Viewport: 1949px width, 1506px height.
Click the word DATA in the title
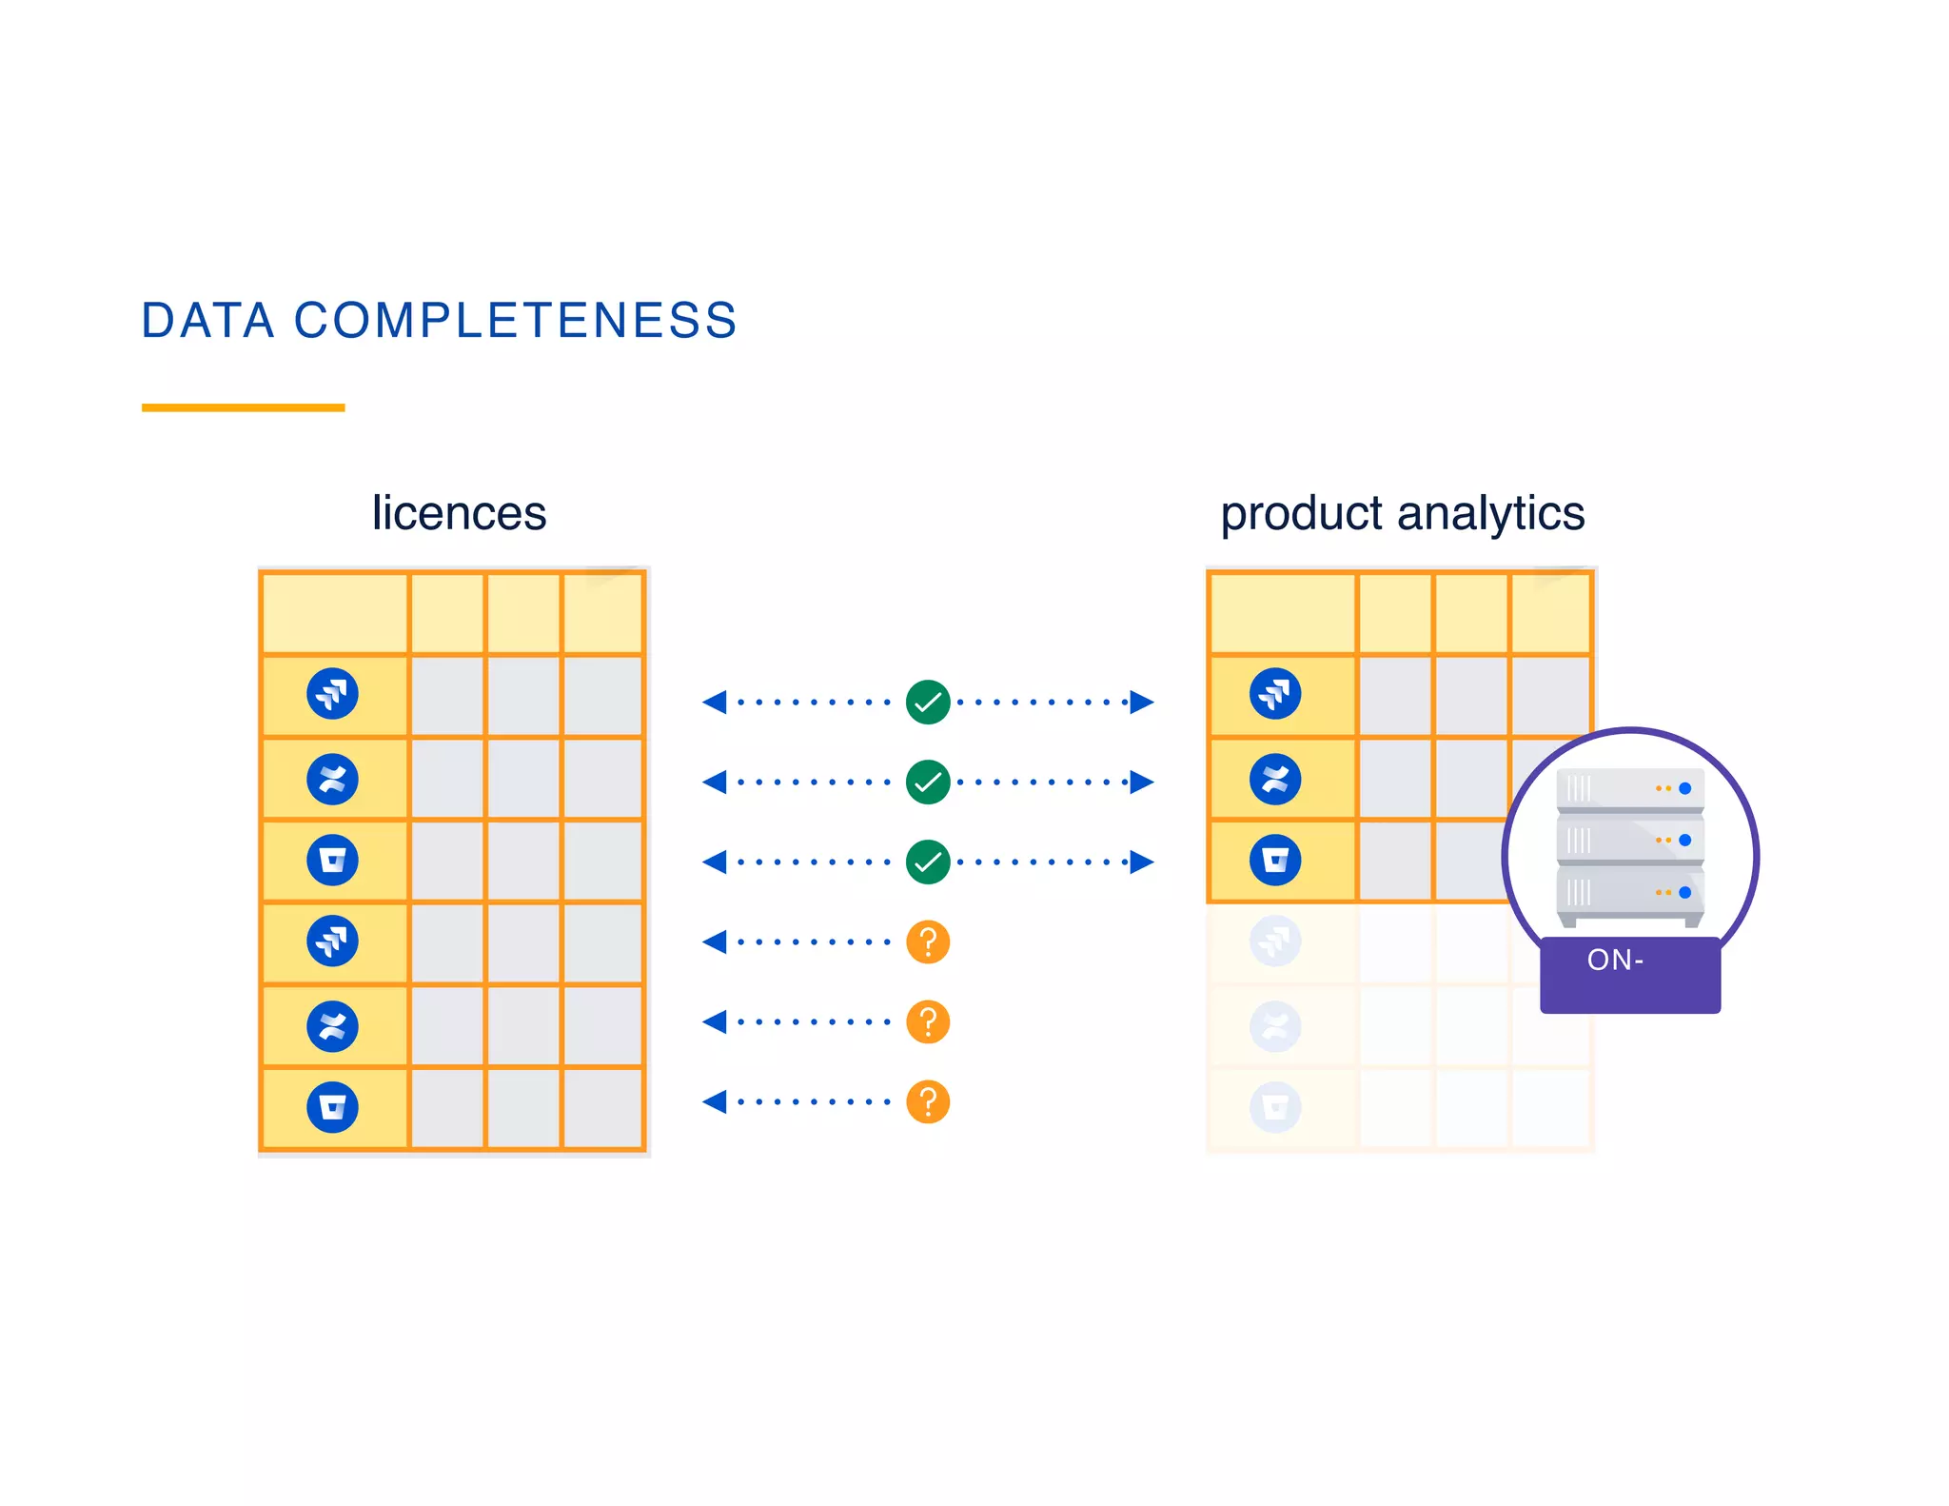pyautogui.click(x=207, y=321)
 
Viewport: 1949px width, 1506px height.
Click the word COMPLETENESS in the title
pyautogui.click(x=515, y=321)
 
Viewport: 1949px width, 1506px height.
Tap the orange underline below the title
pyautogui.click(x=243, y=407)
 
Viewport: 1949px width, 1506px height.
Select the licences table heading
pyautogui.click(x=459, y=513)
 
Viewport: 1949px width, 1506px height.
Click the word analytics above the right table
pyautogui.click(x=1490, y=513)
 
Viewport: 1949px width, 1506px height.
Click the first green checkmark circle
pyautogui.click(x=928, y=703)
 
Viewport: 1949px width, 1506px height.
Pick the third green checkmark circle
pyautogui.click(x=928, y=862)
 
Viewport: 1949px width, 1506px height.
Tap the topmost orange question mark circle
pyautogui.click(x=928, y=942)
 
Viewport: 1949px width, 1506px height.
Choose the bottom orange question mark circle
pyautogui.click(x=928, y=1102)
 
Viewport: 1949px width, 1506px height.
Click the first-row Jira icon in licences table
pyautogui.click(x=332, y=694)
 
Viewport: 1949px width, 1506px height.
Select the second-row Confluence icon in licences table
pyautogui.click(x=332, y=779)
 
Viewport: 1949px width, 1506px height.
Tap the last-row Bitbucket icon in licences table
pyautogui.click(x=332, y=1107)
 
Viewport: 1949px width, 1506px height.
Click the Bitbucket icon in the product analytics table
pyautogui.click(x=1275, y=861)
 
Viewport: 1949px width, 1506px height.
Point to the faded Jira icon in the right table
pyautogui.click(x=1275, y=941)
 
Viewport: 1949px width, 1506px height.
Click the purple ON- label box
pyautogui.click(x=1629, y=975)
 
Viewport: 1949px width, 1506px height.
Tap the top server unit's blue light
pyautogui.click(x=1684, y=788)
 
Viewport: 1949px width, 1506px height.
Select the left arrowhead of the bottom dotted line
pyautogui.click(x=715, y=1102)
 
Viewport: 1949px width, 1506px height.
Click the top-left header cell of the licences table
pyautogui.click(x=334, y=613)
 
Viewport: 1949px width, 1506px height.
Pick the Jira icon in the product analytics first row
pyautogui.click(x=1275, y=694)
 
